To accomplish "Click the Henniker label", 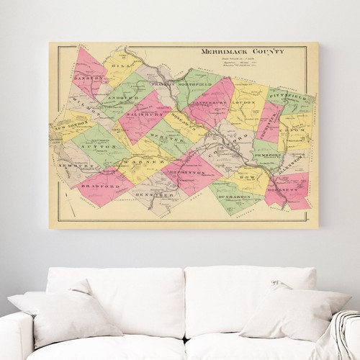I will [153, 195].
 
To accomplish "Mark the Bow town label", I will [245, 174].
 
